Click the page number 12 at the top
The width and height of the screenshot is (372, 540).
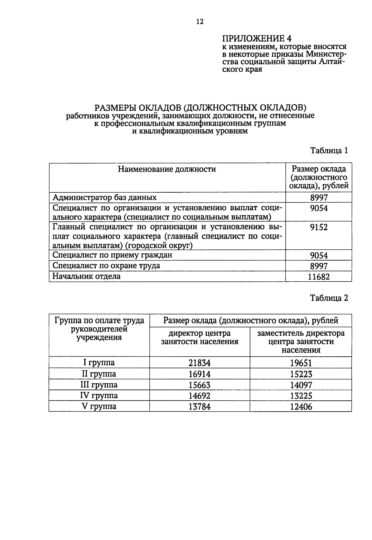(200, 21)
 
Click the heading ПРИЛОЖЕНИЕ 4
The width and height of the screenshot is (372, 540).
(257, 38)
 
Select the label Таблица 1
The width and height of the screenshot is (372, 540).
(329, 151)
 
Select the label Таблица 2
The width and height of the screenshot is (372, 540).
(329, 298)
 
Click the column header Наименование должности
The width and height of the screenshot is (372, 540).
(167, 169)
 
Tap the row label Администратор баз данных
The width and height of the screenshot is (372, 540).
(105, 197)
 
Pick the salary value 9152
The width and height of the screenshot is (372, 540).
(319, 228)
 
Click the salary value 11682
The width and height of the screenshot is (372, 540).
(319, 277)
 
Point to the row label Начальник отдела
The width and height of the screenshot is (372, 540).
(86, 276)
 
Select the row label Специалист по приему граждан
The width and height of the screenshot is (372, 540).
(112, 255)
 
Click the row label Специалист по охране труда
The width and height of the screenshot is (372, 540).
(106, 266)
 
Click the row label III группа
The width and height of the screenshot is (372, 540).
(99, 385)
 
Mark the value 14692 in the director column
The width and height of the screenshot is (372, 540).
(200, 396)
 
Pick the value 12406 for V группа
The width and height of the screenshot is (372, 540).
(301, 407)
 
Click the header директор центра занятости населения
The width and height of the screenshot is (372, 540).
(200, 337)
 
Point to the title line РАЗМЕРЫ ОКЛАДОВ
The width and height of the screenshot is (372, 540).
(200, 108)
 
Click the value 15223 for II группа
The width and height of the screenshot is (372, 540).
(301, 374)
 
